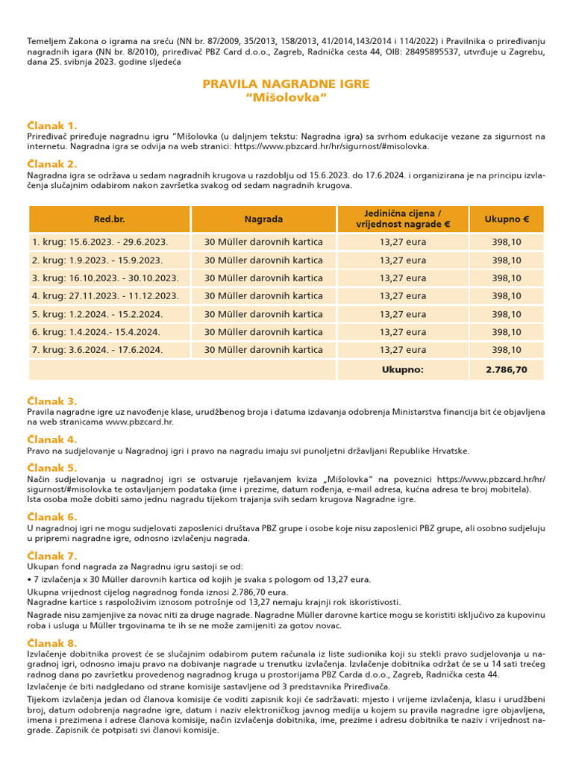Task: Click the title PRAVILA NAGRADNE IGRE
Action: (286, 84)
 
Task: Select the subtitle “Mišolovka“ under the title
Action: (286, 98)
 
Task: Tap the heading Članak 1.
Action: (52, 125)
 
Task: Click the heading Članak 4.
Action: (52, 439)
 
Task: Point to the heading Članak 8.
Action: (52, 643)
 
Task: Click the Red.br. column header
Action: (109, 219)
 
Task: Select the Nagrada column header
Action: (263, 219)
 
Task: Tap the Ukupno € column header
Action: (507, 219)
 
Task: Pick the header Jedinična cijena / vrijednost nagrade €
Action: (403, 219)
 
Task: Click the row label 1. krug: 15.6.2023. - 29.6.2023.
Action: (99, 242)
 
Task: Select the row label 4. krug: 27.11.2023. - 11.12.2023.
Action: (105, 296)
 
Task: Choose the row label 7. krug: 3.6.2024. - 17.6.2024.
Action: (97, 349)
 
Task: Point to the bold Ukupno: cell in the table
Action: (403, 369)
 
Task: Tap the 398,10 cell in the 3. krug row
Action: (507, 278)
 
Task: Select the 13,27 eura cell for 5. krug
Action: (403, 314)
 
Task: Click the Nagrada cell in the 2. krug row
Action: (263, 260)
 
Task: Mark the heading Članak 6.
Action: (52, 516)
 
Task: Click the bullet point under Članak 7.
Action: (30, 580)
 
